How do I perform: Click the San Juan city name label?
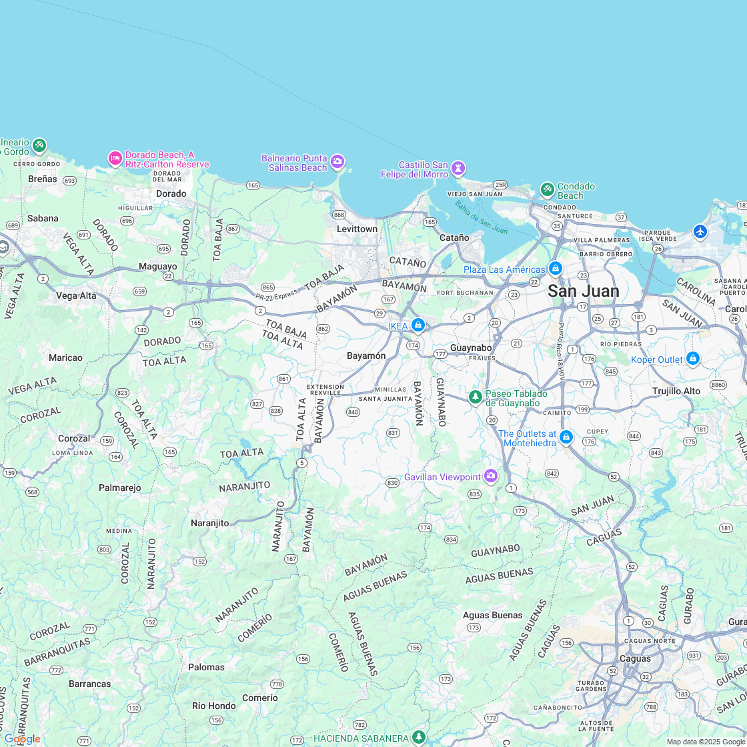[583, 291]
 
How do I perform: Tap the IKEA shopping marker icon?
[418, 325]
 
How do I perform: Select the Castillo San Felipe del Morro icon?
[458, 167]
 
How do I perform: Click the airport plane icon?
[700, 231]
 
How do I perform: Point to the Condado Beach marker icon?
[548, 189]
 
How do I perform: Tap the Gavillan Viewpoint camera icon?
[491, 476]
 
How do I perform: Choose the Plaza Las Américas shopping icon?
[555, 268]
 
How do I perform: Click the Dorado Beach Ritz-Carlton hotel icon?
[115, 158]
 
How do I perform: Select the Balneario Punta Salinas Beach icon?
[337, 161]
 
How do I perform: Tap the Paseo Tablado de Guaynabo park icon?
[476, 397]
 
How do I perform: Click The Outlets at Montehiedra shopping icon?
[566, 437]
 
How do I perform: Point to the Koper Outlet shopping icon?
[693, 359]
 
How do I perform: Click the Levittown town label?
[357, 229]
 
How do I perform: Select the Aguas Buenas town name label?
[492, 615]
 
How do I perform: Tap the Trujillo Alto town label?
[676, 391]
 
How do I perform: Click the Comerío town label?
[259, 698]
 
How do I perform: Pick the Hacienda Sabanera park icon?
[419, 737]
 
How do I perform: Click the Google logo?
[22, 739]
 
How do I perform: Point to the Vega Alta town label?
[76, 295]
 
